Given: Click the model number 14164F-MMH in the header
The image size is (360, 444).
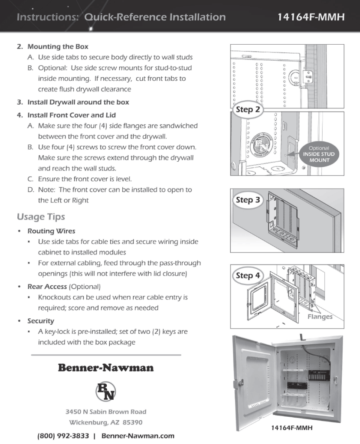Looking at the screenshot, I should point(311,17).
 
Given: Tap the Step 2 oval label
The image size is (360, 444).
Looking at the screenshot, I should point(248,109).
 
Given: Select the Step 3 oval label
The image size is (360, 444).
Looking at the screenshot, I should point(248,200).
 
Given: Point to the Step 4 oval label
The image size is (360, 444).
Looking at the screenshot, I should point(248,275).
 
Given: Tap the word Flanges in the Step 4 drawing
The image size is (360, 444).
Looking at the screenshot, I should point(320,317).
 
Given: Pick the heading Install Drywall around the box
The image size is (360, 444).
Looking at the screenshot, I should point(78,102).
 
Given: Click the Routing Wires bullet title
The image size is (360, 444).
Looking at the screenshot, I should point(51,231).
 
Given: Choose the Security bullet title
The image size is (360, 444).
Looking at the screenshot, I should point(41,321).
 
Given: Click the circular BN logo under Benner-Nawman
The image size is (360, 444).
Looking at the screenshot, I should point(105,390).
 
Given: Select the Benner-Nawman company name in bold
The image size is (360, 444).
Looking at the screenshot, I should point(106,368).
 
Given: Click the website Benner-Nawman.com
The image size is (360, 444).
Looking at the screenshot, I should point(138,436).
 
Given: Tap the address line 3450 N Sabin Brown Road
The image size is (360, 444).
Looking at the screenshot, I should point(106,411).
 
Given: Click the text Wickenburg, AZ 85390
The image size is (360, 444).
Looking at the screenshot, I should point(106,422).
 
